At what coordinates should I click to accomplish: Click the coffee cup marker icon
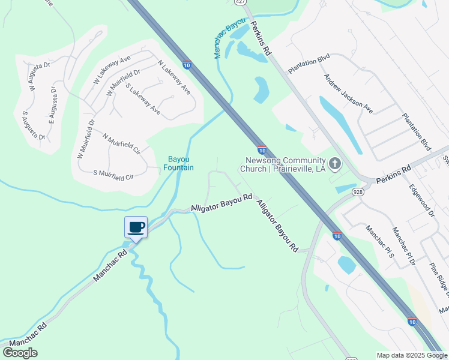click(x=136, y=227)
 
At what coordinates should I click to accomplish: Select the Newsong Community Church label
click(x=283, y=164)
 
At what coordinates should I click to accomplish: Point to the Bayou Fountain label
click(x=180, y=163)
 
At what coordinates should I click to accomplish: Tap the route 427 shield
click(x=240, y=3)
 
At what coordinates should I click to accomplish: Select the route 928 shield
click(x=358, y=191)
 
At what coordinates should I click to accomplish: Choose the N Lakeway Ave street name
click(x=174, y=77)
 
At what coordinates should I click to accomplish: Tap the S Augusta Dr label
click(x=34, y=125)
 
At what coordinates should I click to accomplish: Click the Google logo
click(x=20, y=353)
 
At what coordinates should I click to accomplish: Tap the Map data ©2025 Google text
click(x=411, y=355)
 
